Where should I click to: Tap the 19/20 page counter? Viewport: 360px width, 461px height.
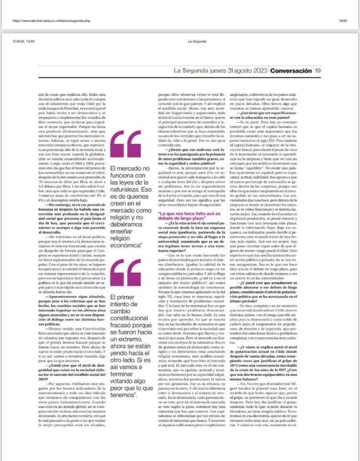click(343, 21)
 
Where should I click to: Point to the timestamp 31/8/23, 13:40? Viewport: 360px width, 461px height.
click(24, 41)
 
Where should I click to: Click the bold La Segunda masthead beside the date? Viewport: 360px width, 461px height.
click(191, 71)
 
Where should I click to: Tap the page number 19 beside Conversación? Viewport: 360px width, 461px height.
click(318, 71)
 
